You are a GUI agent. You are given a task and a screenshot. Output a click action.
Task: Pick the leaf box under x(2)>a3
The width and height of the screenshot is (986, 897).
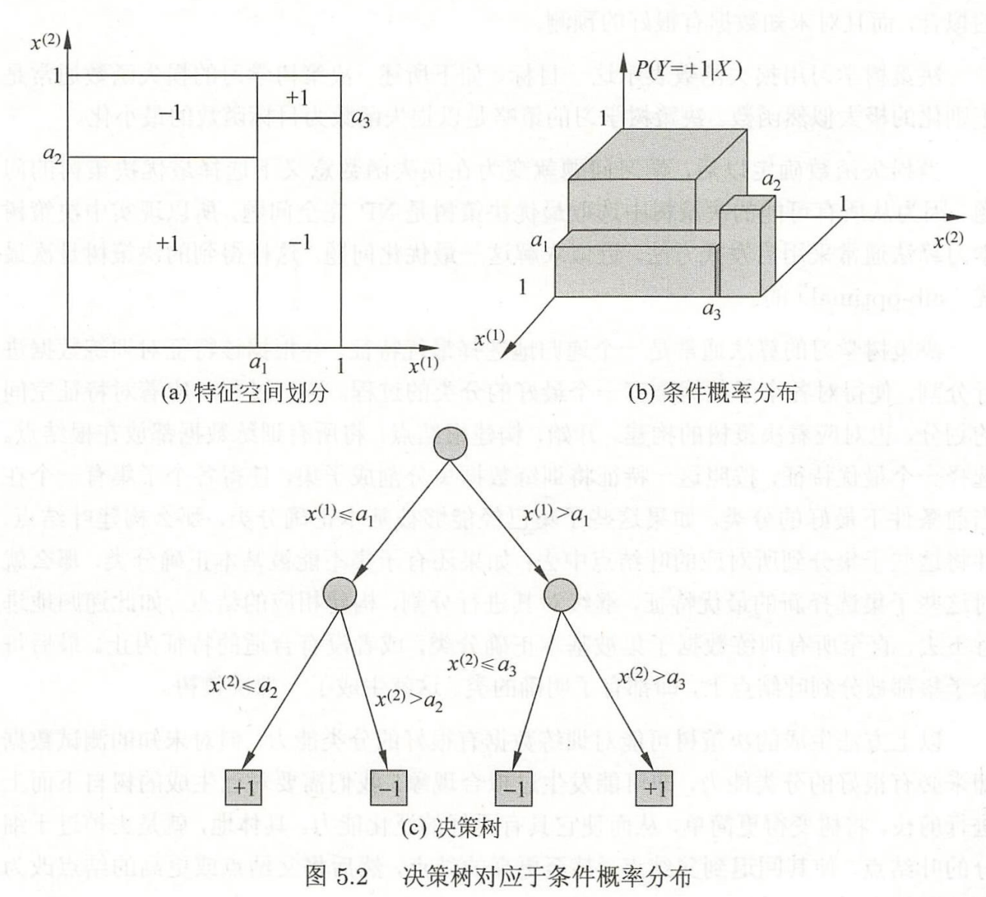(x=655, y=789)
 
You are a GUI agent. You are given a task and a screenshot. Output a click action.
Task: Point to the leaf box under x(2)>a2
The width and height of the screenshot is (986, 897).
(x=389, y=789)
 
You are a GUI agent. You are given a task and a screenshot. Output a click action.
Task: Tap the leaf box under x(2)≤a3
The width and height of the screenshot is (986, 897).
(x=513, y=789)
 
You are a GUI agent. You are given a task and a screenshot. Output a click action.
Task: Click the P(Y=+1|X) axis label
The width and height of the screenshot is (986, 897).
(x=687, y=70)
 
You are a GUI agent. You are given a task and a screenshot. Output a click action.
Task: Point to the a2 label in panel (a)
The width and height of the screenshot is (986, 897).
(x=52, y=155)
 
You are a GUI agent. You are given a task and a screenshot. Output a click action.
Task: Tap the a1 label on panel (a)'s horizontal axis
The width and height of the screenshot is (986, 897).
(x=259, y=365)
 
